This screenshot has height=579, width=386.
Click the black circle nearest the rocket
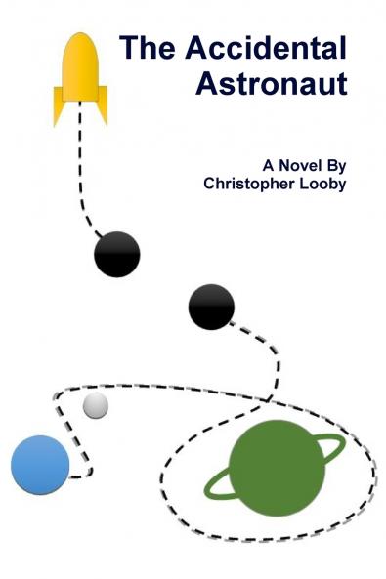(117, 254)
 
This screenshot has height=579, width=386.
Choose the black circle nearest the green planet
(211, 307)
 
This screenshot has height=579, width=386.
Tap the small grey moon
(95, 406)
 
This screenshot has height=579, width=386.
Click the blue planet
(40, 465)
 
